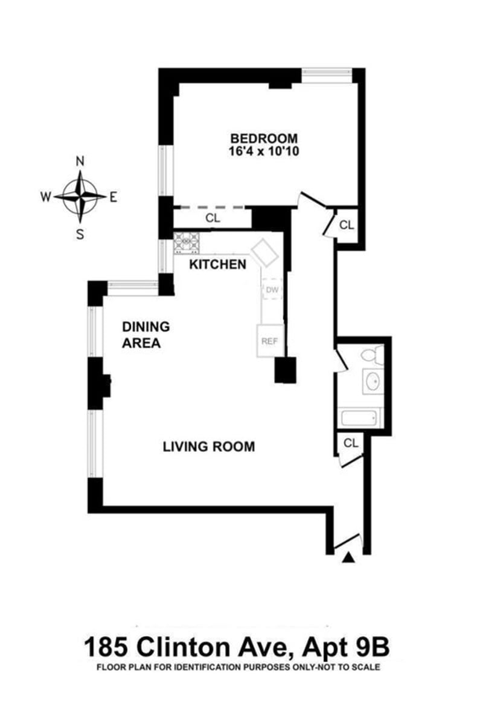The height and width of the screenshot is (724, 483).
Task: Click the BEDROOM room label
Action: pyautogui.click(x=264, y=138)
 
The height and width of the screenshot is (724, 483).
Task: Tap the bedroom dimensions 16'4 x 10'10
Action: pyautogui.click(x=264, y=151)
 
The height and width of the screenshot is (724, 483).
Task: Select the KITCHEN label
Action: pyautogui.click(x=218, y=264)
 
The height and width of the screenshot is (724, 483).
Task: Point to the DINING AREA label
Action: pyautogui.click(x=146, y=335)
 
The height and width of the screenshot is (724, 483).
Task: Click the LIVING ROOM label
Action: pyautogui.click(x=209, y=446)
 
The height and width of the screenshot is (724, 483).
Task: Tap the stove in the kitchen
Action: pyautogui.click(x=187, y=243)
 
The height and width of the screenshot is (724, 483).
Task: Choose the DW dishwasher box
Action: pyautogui.click(x=272, y=288)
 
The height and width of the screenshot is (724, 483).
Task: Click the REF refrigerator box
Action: pyautogui.click(x=270, y=341)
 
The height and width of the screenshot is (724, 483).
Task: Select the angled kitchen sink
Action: pyautogui.click(x=265, y=252)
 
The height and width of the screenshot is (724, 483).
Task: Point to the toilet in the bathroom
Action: pyautogui.click(x=373, y=355)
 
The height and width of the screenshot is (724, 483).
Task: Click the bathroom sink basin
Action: pyautogui.click(x=373, y=382)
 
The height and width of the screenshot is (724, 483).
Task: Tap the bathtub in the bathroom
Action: pyautogui.click(x=359, y=418)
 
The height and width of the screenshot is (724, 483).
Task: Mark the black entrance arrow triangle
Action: pyautogui.click(x=348, y=557)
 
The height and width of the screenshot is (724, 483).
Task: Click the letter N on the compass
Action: pyautogui.click(x=80, y=161)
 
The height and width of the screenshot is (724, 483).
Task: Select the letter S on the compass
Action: pyautogui.click(x=80, y=234)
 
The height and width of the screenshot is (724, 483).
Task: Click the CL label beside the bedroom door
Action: pyautogui.click(x=347, y=225)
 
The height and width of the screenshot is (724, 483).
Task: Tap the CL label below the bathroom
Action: pyautogui.click(x=351, y=443)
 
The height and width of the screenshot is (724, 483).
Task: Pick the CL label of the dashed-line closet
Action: pyautogui.click(x=213, y=218)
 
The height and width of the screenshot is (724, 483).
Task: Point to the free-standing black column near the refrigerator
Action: pyautogui.click(x=286, y=370)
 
